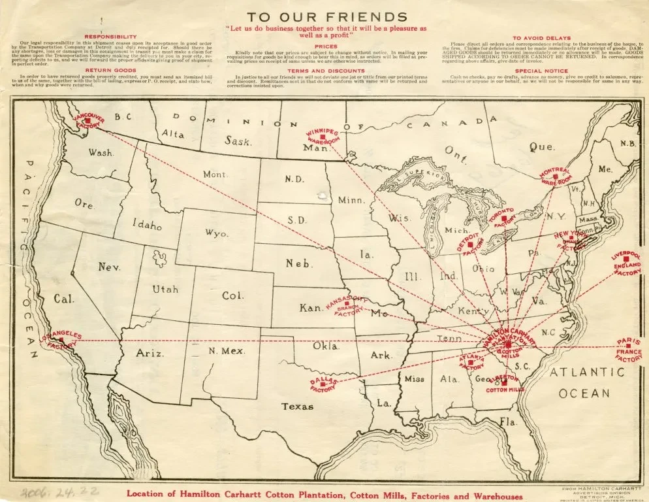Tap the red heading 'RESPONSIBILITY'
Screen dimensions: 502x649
[x=110, y=36]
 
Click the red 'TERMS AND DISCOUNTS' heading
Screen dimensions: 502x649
[x=326, y=70]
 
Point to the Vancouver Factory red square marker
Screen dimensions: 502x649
[x=87, y=122]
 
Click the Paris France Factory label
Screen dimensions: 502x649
[x=629, y=350]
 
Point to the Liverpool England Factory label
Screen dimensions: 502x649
[x=627, y=264]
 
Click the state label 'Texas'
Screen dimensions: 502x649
[x=297, y=407]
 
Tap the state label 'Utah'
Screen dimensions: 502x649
[x=165, y=289]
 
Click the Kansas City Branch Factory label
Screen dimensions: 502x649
[x=348, y=306]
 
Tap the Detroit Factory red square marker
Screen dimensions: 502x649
[x=471, y=244]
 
